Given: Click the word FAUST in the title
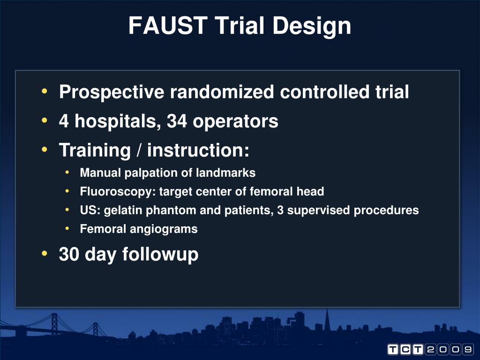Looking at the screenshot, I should pyautogui.click(x=168, y=26).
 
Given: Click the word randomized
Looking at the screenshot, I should pyautogui.click(x=222, y=92).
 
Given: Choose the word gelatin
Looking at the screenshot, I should pyautogui.click(x=124, y=210).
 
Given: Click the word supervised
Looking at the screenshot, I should pyautogui.click(x=319, y=210).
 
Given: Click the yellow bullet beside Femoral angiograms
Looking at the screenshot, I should pyautogui.click(x=68, y=229).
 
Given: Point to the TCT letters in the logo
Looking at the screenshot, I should pyautogui.click(x=405, y=350).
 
